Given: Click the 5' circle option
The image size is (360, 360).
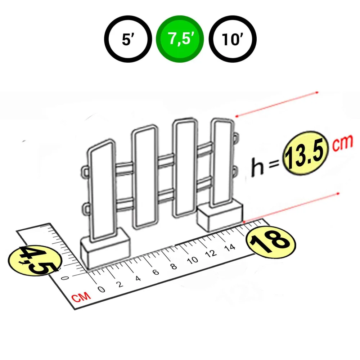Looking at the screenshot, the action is [128, 39].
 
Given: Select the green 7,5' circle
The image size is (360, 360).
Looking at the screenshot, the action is [180, 39].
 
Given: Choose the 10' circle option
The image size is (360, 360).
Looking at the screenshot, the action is [233, 39].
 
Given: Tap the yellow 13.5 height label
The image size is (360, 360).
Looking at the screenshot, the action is [306, 153].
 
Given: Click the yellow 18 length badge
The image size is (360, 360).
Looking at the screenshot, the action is [271, 243].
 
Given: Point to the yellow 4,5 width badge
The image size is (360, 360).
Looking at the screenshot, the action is [35, 261].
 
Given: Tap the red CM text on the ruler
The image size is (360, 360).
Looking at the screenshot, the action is [81, 297].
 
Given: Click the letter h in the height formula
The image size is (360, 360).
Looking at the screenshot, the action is [257, 167].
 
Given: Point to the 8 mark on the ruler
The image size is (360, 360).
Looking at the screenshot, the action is [174, 266].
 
